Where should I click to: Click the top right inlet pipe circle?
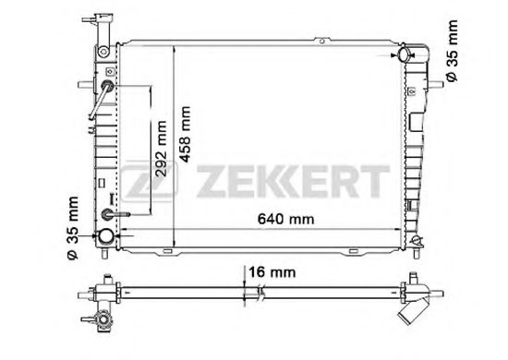coord(405,56)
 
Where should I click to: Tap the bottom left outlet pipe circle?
coord(106,237)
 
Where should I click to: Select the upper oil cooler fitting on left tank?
coord(109,88)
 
